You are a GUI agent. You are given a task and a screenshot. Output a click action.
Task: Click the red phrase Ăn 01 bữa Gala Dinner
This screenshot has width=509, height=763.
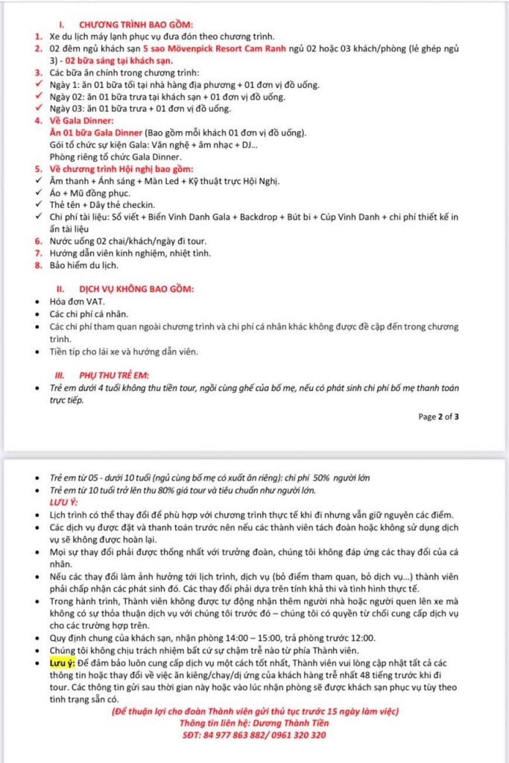94,133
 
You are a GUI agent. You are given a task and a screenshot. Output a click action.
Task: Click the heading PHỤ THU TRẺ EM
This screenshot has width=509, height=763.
121,375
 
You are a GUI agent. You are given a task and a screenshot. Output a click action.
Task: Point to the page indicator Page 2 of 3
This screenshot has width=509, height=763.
438,417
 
